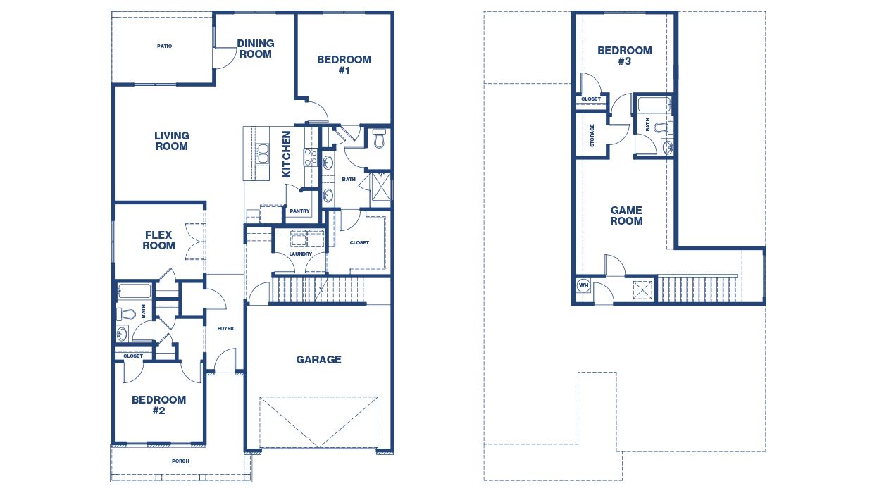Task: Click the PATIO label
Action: click(x=164, y=46)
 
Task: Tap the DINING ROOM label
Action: click(x=255, y=49)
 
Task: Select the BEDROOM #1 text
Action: click(x=344, y=65)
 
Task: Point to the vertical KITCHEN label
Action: click(x=287, y=154)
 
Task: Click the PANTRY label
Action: click(x=299, y=211)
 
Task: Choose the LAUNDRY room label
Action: click(x=300, y=254)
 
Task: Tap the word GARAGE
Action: click(x=318, y=359)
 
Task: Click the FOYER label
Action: click(x=225, y=329)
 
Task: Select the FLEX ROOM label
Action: click(x=159, y=240)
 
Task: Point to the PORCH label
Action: click(x=180, y=461)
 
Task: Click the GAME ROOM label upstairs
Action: click(x=626, y=216)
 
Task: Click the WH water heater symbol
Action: click(x=583, y=285)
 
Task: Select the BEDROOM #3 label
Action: click(x=624, y=56)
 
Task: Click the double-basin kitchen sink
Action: click(x=262, y=153)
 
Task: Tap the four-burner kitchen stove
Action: click(x=310, y=156)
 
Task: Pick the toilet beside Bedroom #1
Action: click(x=379, y=138)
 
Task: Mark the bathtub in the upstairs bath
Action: click(x=653, y=106)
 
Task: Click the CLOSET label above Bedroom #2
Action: click(x=133, y=356)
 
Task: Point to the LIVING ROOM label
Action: click(x=172, y=141)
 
